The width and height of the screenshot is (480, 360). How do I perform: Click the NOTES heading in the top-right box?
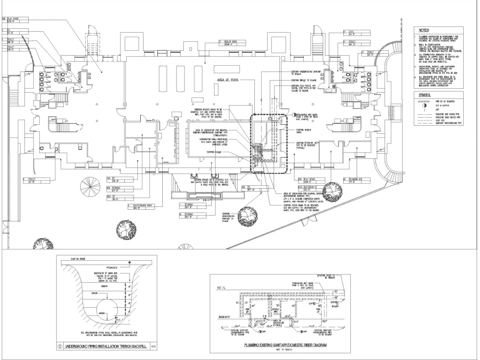pos(423,30)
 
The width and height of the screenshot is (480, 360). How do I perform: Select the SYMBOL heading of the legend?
pos(424,95)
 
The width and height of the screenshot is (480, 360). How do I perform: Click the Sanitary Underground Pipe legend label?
pos(448,123)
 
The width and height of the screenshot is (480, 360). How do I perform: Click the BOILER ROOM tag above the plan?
pos(230,42)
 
